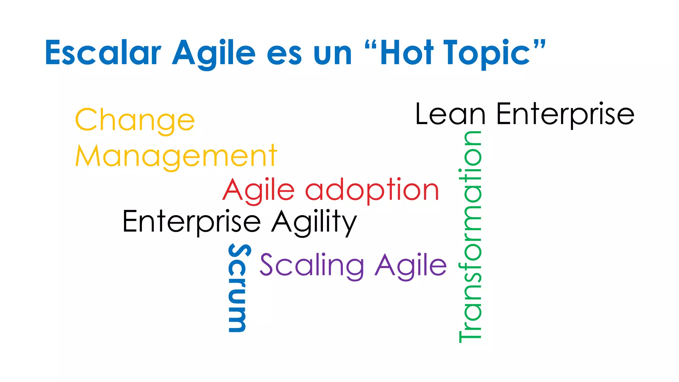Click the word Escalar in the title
tap(103, 53)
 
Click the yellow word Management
tap(176, 156)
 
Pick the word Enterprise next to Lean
tap(565, 114)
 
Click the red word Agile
tap(258, 190)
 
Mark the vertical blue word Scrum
tap(237, 288)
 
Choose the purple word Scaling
tap(312, 265)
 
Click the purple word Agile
tap(411, 265)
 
